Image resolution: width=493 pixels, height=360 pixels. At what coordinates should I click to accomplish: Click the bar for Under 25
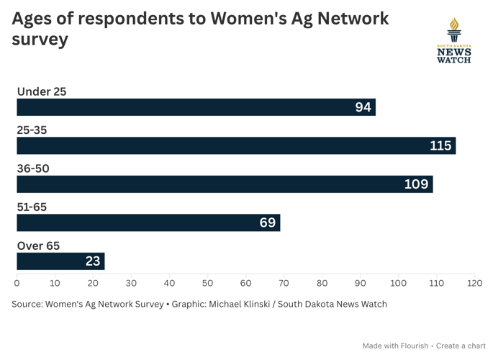[196, 107]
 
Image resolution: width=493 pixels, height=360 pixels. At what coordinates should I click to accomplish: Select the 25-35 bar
[236, 145]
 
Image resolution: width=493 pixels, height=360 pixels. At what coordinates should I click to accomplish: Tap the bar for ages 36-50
[225, 184]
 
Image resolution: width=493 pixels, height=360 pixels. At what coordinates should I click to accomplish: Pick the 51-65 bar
[148, 222]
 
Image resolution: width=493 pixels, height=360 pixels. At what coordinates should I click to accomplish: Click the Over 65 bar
[60, 261]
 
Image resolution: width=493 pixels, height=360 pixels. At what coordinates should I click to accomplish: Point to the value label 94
[363, 107]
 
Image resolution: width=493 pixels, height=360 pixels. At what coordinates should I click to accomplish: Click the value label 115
[440, 145]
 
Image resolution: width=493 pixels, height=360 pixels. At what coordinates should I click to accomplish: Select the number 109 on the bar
[417, 184]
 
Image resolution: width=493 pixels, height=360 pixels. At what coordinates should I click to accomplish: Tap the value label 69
[268, 222]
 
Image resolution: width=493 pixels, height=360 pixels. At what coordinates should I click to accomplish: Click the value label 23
[93, 261]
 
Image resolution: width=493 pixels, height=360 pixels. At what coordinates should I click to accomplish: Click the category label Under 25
[41, 91]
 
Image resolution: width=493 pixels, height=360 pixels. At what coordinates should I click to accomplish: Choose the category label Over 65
[38, 246]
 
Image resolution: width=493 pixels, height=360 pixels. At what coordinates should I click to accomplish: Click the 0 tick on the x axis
[17, 283]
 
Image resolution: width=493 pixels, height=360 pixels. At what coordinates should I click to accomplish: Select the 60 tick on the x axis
[245, 283]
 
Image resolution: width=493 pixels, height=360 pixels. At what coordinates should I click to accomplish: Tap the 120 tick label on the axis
[474, 283]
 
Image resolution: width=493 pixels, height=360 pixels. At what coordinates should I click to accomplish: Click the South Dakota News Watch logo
[453, 41]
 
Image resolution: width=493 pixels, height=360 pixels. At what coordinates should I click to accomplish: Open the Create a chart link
[461, 346]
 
